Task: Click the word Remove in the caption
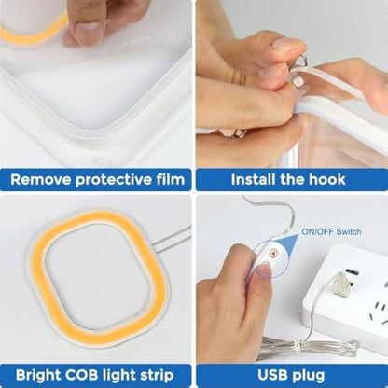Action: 41,180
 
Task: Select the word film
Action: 171,179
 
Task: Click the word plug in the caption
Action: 309,376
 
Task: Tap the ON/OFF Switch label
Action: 331,231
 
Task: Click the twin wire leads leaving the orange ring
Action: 173,238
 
